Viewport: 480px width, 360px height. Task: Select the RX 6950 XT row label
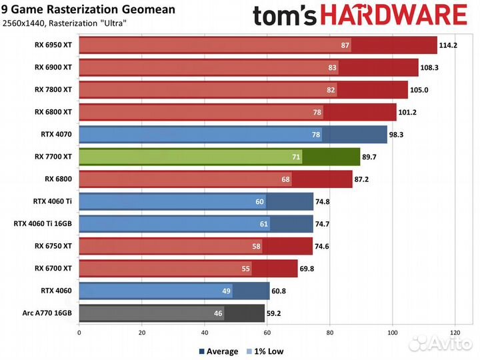coord(53,45)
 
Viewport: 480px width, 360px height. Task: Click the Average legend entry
coord(219,351)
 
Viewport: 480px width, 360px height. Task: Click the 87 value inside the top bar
coord(345,45)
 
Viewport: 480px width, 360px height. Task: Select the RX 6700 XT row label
coord(53,269)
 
